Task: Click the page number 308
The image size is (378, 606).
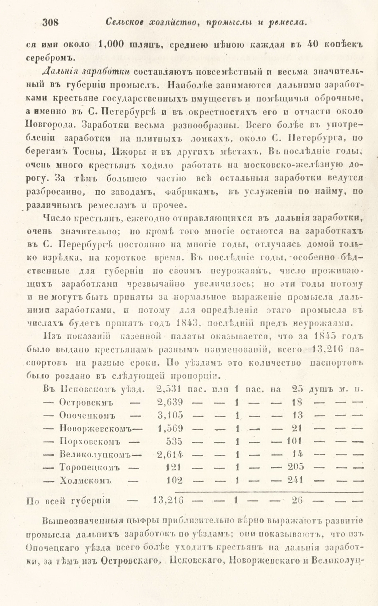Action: click(51, 22)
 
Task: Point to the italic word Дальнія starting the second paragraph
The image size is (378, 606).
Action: click(57, 71)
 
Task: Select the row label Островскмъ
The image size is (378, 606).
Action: click(86, 402)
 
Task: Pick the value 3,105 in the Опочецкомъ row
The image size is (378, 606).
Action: click(170, 415)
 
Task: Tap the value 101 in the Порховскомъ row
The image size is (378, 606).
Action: click(295, 442)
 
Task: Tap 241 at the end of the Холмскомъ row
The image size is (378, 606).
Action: click(296, 481)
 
